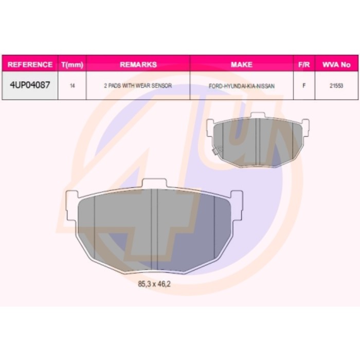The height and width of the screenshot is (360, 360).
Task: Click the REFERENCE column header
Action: point(30,64)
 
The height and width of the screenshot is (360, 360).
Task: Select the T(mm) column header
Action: point(72,65)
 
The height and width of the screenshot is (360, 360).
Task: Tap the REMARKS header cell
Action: point(138,64)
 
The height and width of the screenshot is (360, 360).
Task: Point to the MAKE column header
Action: point(242,64)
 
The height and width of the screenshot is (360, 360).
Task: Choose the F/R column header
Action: point(304,65)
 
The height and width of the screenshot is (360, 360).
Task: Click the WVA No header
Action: point(336,65)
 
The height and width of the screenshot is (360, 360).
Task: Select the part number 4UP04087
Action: point(30,85)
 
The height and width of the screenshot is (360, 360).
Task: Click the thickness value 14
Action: point(73,86)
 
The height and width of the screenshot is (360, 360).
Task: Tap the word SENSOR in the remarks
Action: point(161,86)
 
